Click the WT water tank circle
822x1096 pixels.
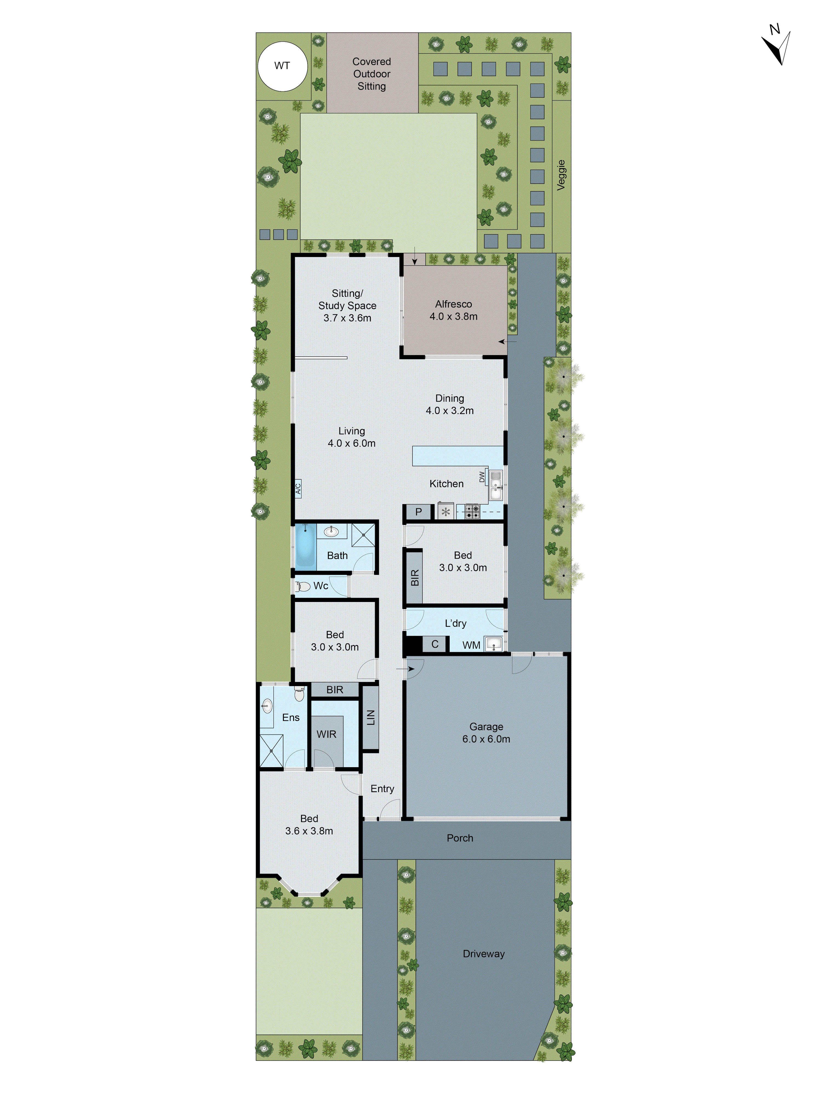282,66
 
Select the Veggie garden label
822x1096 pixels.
561,175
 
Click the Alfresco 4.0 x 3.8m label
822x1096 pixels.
453,310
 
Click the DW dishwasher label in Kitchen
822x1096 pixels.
482,477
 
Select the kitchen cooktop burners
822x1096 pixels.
472,511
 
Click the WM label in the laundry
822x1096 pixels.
471,645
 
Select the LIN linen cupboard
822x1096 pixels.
371,717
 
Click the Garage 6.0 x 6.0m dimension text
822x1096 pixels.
486,739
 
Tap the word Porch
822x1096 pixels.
460,838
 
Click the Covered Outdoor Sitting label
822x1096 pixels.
372,74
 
